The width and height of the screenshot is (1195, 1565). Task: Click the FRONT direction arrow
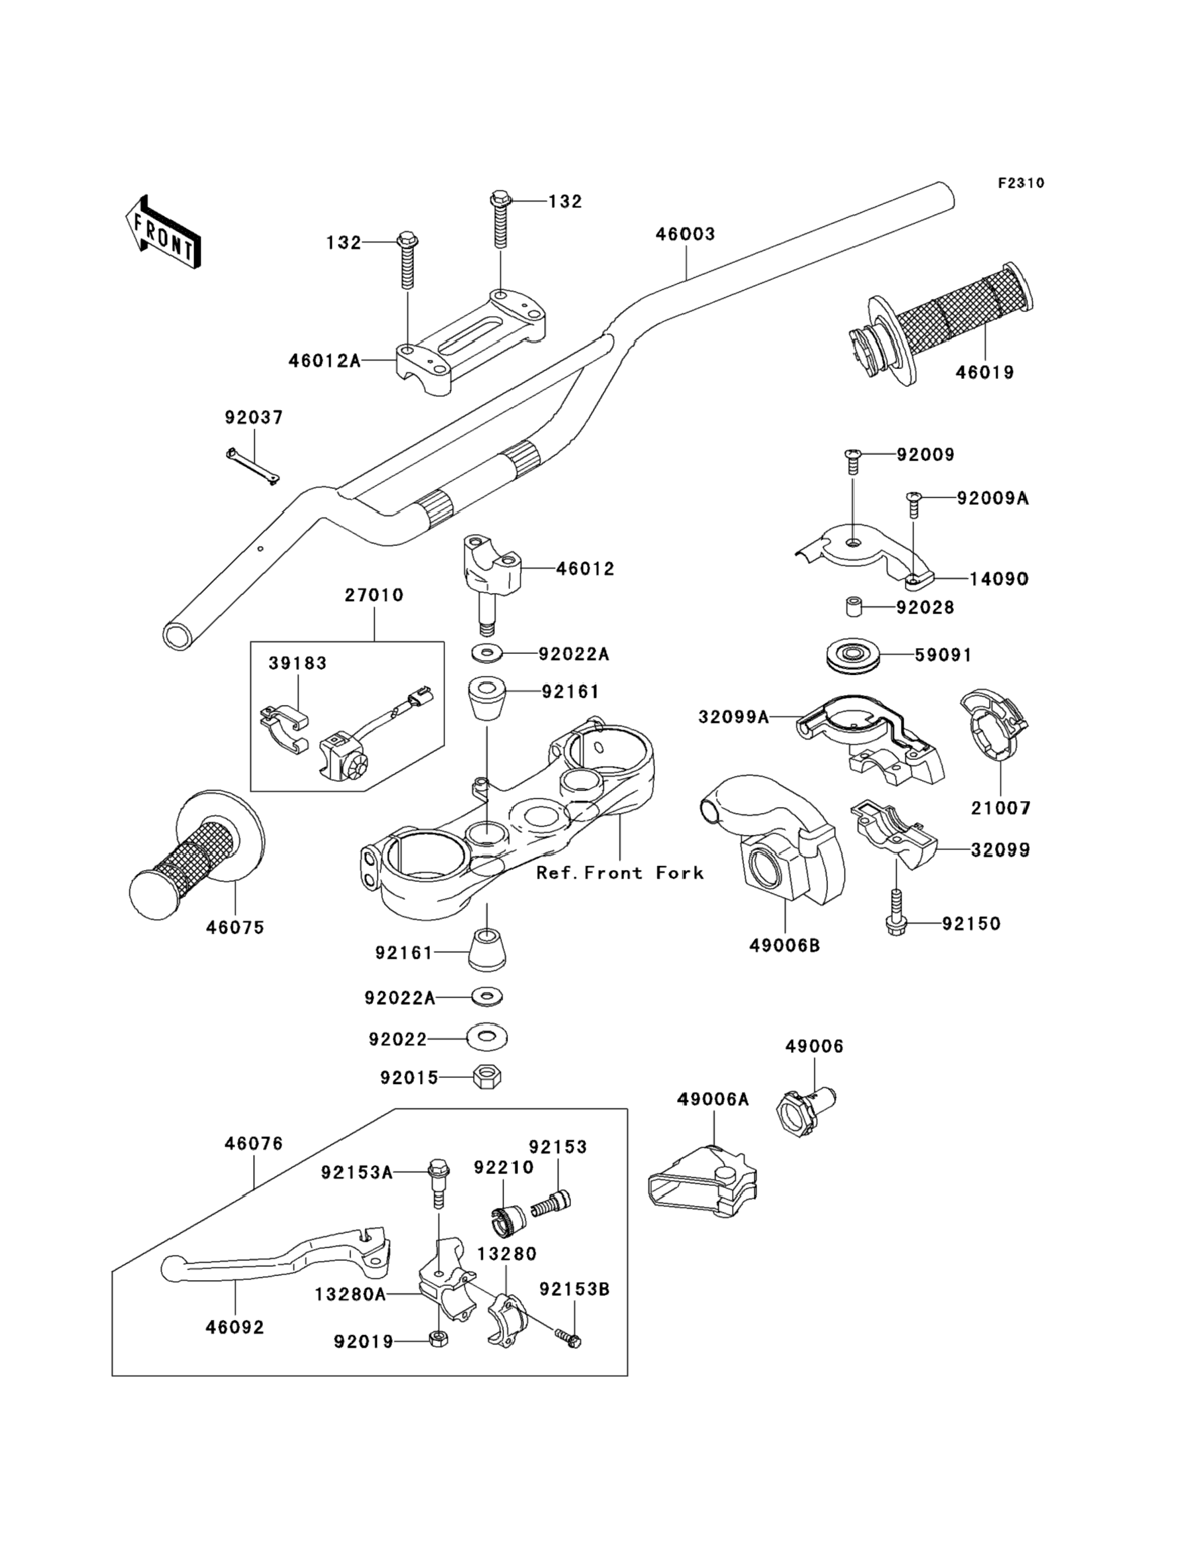click(163, 232)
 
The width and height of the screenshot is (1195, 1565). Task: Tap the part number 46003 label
click(684, 234)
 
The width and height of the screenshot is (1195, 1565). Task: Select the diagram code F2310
click(1021, 183)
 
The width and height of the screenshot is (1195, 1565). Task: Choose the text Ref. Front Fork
click(619, 873)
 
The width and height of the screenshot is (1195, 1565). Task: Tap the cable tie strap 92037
click(252, 466)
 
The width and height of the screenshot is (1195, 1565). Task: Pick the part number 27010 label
click(374, 595)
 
